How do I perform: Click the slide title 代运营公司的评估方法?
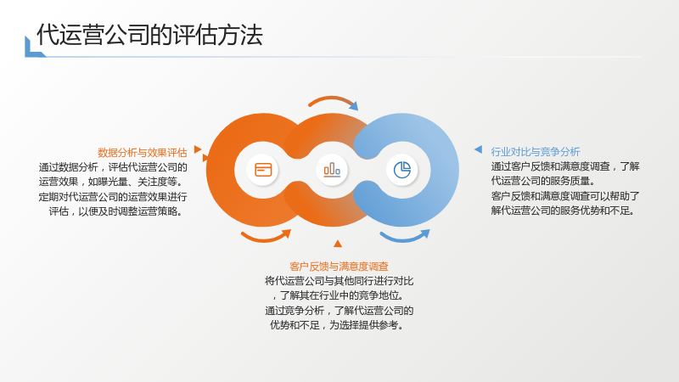[x=149, y=35]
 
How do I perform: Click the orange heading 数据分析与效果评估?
[x=143, y=153]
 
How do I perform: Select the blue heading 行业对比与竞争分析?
[x=536, y=152]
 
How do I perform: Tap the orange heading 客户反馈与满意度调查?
[x=339, y=267]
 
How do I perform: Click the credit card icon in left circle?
[x=263, y=170]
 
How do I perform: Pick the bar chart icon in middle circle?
[x=332, y=170]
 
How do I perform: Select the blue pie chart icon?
[x=402, y=170]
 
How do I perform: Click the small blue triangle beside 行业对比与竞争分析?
[x=478, y=149]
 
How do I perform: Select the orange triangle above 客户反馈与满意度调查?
[x=338, y=244]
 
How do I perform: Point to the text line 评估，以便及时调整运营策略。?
[x=116, y=211]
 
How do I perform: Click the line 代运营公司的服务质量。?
[x=544, y=181]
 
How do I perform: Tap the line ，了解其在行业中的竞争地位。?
[x=338, y=295]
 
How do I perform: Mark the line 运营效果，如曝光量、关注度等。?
[x=111, y=182]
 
